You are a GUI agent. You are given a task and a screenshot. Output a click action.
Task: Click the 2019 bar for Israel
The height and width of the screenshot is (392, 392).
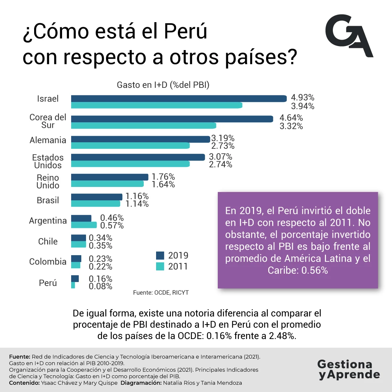(179, 98)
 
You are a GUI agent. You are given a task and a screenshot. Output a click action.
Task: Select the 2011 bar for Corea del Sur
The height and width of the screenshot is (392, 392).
(143, 126)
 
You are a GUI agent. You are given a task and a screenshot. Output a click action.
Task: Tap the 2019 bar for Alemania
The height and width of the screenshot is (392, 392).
(140, 139)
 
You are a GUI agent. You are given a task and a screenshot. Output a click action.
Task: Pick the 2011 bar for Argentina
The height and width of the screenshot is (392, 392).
(83, 225)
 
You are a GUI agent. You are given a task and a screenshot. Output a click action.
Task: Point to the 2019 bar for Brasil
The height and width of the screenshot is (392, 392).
(97, 197)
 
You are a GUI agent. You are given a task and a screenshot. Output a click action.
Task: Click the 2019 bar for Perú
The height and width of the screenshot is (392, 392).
(75, 279)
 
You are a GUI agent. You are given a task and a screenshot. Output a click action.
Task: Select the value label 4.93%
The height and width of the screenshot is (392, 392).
(302, 98)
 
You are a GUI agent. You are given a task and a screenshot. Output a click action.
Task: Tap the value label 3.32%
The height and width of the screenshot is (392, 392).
(291, 126)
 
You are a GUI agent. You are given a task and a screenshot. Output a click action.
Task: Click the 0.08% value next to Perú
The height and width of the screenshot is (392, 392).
(101, 286)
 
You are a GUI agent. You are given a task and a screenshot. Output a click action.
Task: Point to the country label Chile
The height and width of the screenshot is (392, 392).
(48, 241)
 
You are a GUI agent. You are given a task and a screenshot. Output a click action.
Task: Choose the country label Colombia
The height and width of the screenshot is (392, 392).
(48, 262)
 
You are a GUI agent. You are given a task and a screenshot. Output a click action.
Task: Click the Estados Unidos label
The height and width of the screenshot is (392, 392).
(48, 162)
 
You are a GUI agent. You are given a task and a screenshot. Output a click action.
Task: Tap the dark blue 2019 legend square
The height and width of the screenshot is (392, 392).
(160, 255)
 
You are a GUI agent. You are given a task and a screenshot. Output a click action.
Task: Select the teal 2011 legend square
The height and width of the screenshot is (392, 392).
(160, 266)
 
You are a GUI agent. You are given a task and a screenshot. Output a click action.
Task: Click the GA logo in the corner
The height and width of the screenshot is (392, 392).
(349, 36)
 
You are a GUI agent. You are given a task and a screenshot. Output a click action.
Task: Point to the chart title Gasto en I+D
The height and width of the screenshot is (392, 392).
(163, 85)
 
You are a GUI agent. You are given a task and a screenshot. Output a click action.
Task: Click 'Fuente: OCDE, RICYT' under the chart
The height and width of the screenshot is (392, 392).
(161, 293)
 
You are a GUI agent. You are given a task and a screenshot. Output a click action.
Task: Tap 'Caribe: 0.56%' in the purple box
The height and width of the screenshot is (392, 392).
(298, 270)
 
